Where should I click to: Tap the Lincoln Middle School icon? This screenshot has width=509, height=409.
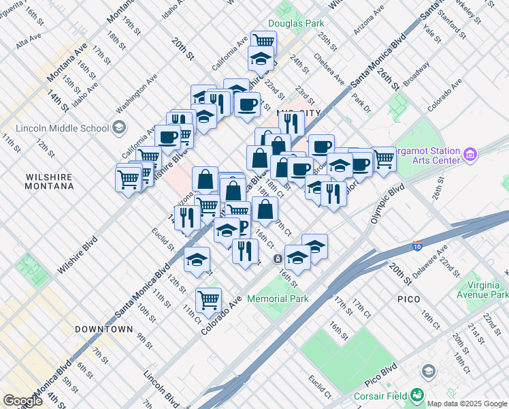click(119, 127)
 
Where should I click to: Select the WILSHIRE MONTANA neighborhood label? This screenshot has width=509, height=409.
click(49, 181)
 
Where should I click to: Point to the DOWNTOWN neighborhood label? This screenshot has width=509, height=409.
click(103, 329)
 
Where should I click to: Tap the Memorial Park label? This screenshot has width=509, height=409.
click(278, 299)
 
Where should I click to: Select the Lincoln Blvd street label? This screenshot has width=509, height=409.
click(161, 388)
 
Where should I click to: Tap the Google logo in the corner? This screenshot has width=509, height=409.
click(23, 401)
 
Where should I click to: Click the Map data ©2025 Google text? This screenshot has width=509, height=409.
click(467, 404)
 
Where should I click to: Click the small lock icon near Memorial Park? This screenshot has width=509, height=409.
click(278, 259)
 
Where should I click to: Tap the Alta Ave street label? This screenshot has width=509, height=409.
click(29, 42)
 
